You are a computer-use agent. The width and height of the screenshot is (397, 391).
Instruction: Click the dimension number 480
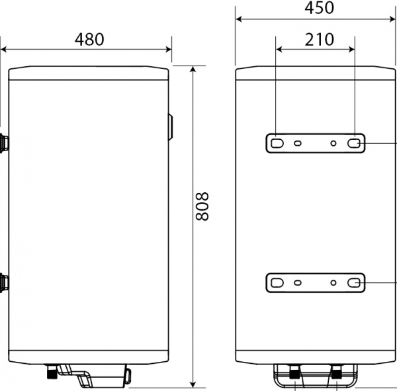coord(89,39)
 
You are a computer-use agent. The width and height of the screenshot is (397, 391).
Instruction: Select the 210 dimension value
coord(319,39)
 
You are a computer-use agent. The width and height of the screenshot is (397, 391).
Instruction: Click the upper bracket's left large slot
coord(277,142)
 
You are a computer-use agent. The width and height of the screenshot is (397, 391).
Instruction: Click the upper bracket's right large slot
coord(355,142)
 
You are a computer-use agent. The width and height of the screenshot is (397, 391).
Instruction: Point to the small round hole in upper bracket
coord(333,142)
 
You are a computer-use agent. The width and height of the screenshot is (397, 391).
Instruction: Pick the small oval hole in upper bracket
coord(298,142)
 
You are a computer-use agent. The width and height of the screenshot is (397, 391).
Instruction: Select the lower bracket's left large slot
coord(277,283)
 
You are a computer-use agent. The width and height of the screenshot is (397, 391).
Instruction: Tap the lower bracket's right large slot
coord(355,283)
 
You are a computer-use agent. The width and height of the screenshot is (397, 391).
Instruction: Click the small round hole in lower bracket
coord(333,283)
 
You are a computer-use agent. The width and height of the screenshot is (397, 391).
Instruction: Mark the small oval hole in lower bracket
coord(298,283)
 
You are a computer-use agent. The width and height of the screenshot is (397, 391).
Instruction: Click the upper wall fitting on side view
coord(4,142)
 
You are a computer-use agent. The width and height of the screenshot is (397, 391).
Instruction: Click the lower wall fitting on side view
coord(4,283)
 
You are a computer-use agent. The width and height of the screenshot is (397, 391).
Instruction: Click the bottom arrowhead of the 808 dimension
coord(193,383)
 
